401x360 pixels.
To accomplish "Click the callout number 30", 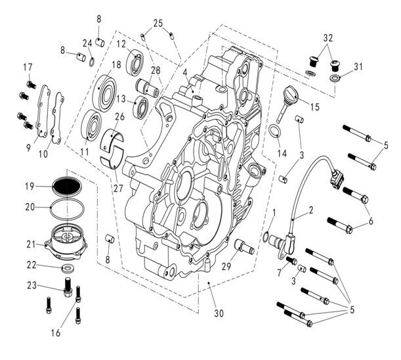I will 219,313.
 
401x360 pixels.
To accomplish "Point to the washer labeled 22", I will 66,269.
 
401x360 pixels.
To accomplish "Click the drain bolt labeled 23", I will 67,287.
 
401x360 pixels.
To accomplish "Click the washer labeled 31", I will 335,78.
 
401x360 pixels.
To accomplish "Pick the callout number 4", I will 186,72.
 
